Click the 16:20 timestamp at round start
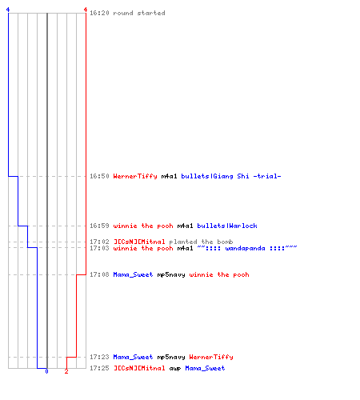[99, 13]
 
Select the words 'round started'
[139, 13]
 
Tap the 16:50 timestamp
[99, 176]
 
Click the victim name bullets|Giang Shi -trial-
[231, 176]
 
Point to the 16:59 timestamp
[99, 226]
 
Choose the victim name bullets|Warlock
[227, 226]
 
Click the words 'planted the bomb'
[201, 242]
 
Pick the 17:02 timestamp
[99, 242]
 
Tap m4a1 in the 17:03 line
[185, 248]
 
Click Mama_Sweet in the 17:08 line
[133, 274]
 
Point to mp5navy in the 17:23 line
[171, 357]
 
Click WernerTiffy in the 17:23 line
[211, 357]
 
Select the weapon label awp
[175, 368]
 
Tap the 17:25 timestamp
[99, 368]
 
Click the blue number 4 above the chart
[8, 10]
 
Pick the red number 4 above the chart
[86, 10]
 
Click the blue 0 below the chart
[46, 371]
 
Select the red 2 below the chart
[66, 371]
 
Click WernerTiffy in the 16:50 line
[135, 176]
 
